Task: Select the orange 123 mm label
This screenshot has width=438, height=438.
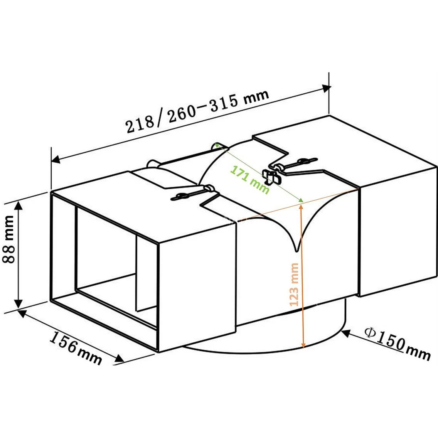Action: tap(294, 285)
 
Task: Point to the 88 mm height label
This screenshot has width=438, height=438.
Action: tap(8, 239)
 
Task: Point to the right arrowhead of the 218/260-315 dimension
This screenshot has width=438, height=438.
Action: tap(326, 88)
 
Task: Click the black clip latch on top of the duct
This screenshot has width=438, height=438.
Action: tap(271, 178)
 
